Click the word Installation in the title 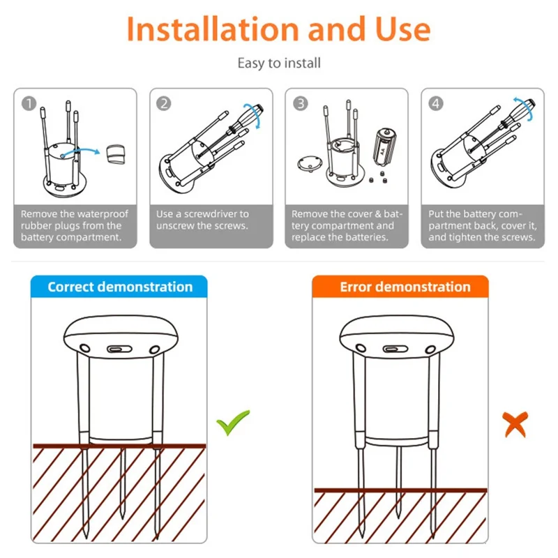[x=213, y=29]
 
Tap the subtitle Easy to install [x=279, y=63]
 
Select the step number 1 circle [x=29, y=103]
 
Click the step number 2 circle [x=164, y=103]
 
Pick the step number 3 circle [x=301, y=103]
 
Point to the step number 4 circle [x=435, y=103]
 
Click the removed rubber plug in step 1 [x=116, y=154]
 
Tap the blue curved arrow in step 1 [x=80, y=152]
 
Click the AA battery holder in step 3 [x=385, y=147]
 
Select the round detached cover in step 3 [x=310, y=163]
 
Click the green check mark [x=233, y=422]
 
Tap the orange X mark [x=515, y=424]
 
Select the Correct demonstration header [x=119, y=287]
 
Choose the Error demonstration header [x=400, y=287]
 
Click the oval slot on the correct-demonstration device [x=119, y=349]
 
